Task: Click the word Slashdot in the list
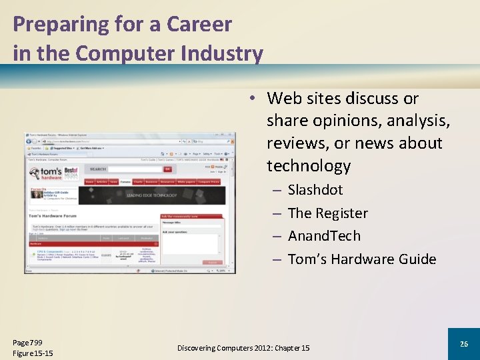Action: [x=315, y=190]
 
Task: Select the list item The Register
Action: [x=327, y=213]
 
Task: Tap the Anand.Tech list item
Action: [x=324, y=236]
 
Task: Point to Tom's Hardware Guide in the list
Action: [x=361, y=259]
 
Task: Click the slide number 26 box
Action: [x=463, y=343]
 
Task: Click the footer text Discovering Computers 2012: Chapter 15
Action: [x=243, y=348]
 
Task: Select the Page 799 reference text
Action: [x=27, y=342]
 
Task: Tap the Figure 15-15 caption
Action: [x=33, y=353]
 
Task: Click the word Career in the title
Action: [x=199, y=24]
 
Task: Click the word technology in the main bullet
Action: [x=308, y=165]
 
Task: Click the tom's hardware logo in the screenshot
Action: [x=45, y=173]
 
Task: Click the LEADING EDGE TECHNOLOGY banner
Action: [x=151, y=195]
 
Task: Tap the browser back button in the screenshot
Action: [x=29, y=141]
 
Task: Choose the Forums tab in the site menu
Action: [x=125, y=181]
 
